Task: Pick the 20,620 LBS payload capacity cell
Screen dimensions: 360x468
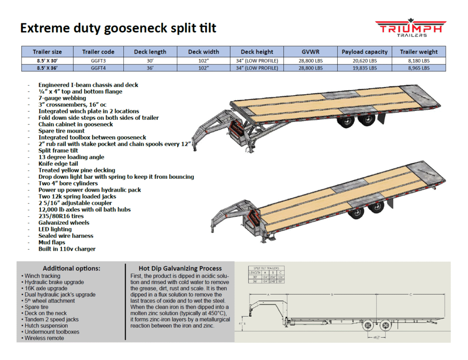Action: [364, 61]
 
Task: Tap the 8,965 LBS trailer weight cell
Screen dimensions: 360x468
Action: [419, 68]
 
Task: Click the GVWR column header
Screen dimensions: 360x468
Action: [310, 52]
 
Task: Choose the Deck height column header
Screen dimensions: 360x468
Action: [256, 52]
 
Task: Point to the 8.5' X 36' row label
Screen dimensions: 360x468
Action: [47, 68]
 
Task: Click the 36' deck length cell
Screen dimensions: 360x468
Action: [150, 68]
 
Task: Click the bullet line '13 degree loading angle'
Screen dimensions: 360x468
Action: [71, 157]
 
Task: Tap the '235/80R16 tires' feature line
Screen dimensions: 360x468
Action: [61, 216]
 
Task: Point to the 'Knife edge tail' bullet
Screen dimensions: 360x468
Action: [58, 164]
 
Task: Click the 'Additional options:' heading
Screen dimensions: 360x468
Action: [71, 269]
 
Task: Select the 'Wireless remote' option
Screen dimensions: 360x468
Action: [44, 338]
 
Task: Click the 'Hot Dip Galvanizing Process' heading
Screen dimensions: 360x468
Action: [180, 269]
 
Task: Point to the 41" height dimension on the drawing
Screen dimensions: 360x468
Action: [241, 323]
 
